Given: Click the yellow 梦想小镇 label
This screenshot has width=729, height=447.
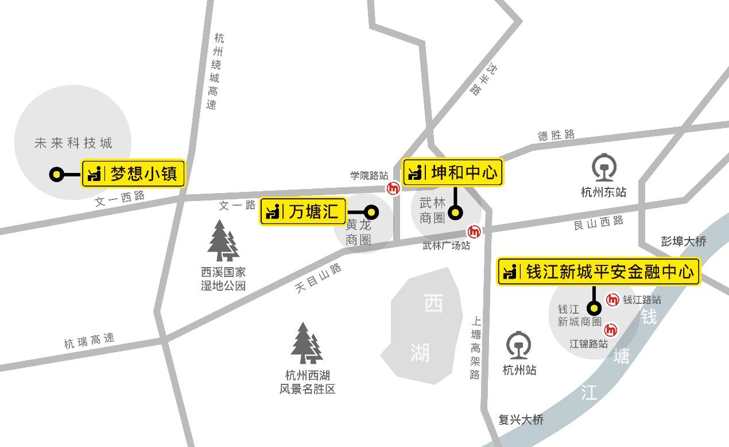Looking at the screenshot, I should pyautogui.click(x=134, y=174).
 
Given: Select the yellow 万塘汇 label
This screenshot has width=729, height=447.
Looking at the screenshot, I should pyautogui.click(x=304, y=211).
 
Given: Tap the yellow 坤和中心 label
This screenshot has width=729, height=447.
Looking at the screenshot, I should pyautogui.click(x=453, y=172).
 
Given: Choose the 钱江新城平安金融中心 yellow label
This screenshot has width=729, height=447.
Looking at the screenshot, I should pyautogui.click(x=599, y=271).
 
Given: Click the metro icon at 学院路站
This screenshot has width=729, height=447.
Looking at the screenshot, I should pyautogui.click(x=393, y=188).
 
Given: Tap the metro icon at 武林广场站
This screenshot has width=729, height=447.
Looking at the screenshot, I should pyautogui.click(x=474, y=232).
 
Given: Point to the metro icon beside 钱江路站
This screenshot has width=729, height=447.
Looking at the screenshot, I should pyautogui.click(x=613, y=299).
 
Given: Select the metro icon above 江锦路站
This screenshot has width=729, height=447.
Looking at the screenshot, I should pyautogui.click(x=611, y=330).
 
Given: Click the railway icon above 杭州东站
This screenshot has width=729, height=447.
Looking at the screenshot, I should pyautogui.click(x=603, y=168).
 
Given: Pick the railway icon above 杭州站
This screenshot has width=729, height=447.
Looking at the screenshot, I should pyautogui.click(x=519, y=346).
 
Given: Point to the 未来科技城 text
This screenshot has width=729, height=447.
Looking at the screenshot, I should pyautogui.click(x=73, y=143).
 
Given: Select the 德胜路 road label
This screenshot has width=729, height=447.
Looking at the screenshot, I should pyautogui.click(x=556, y=135).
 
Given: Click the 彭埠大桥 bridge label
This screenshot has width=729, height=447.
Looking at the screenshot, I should pyautogui.click(x=683, y=242).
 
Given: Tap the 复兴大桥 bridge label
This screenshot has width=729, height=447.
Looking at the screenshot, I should pyautogui.click(x=521, y=420).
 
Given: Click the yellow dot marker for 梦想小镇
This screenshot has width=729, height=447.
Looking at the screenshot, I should pyautogui.click(x=56, y=174).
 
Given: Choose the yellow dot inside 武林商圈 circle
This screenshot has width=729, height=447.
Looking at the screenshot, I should pyautogui.click(x=455, y=213).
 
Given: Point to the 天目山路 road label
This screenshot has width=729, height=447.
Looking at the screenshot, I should pyautogui.click(x=319, y=279).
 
